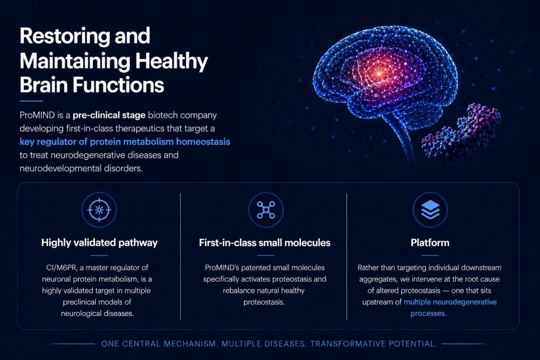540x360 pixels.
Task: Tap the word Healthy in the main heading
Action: coord(172,61)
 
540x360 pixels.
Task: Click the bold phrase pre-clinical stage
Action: coord(109,115)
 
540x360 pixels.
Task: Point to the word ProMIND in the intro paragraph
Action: coord(37,115)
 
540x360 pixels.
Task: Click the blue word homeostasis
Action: coord(203,141)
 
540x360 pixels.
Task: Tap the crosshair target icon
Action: coord(99,210)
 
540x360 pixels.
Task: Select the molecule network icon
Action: coord(266,210)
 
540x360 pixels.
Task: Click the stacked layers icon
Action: coord(430,210)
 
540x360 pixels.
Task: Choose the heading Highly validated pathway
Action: coord(99,242)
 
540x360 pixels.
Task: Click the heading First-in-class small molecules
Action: coord(265,242)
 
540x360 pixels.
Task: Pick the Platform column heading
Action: coord(430,242)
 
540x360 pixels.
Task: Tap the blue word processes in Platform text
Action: coord(429,313)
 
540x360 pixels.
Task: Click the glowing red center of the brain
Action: coord(379,73)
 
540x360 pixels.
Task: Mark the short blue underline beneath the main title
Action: coord(31,101)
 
